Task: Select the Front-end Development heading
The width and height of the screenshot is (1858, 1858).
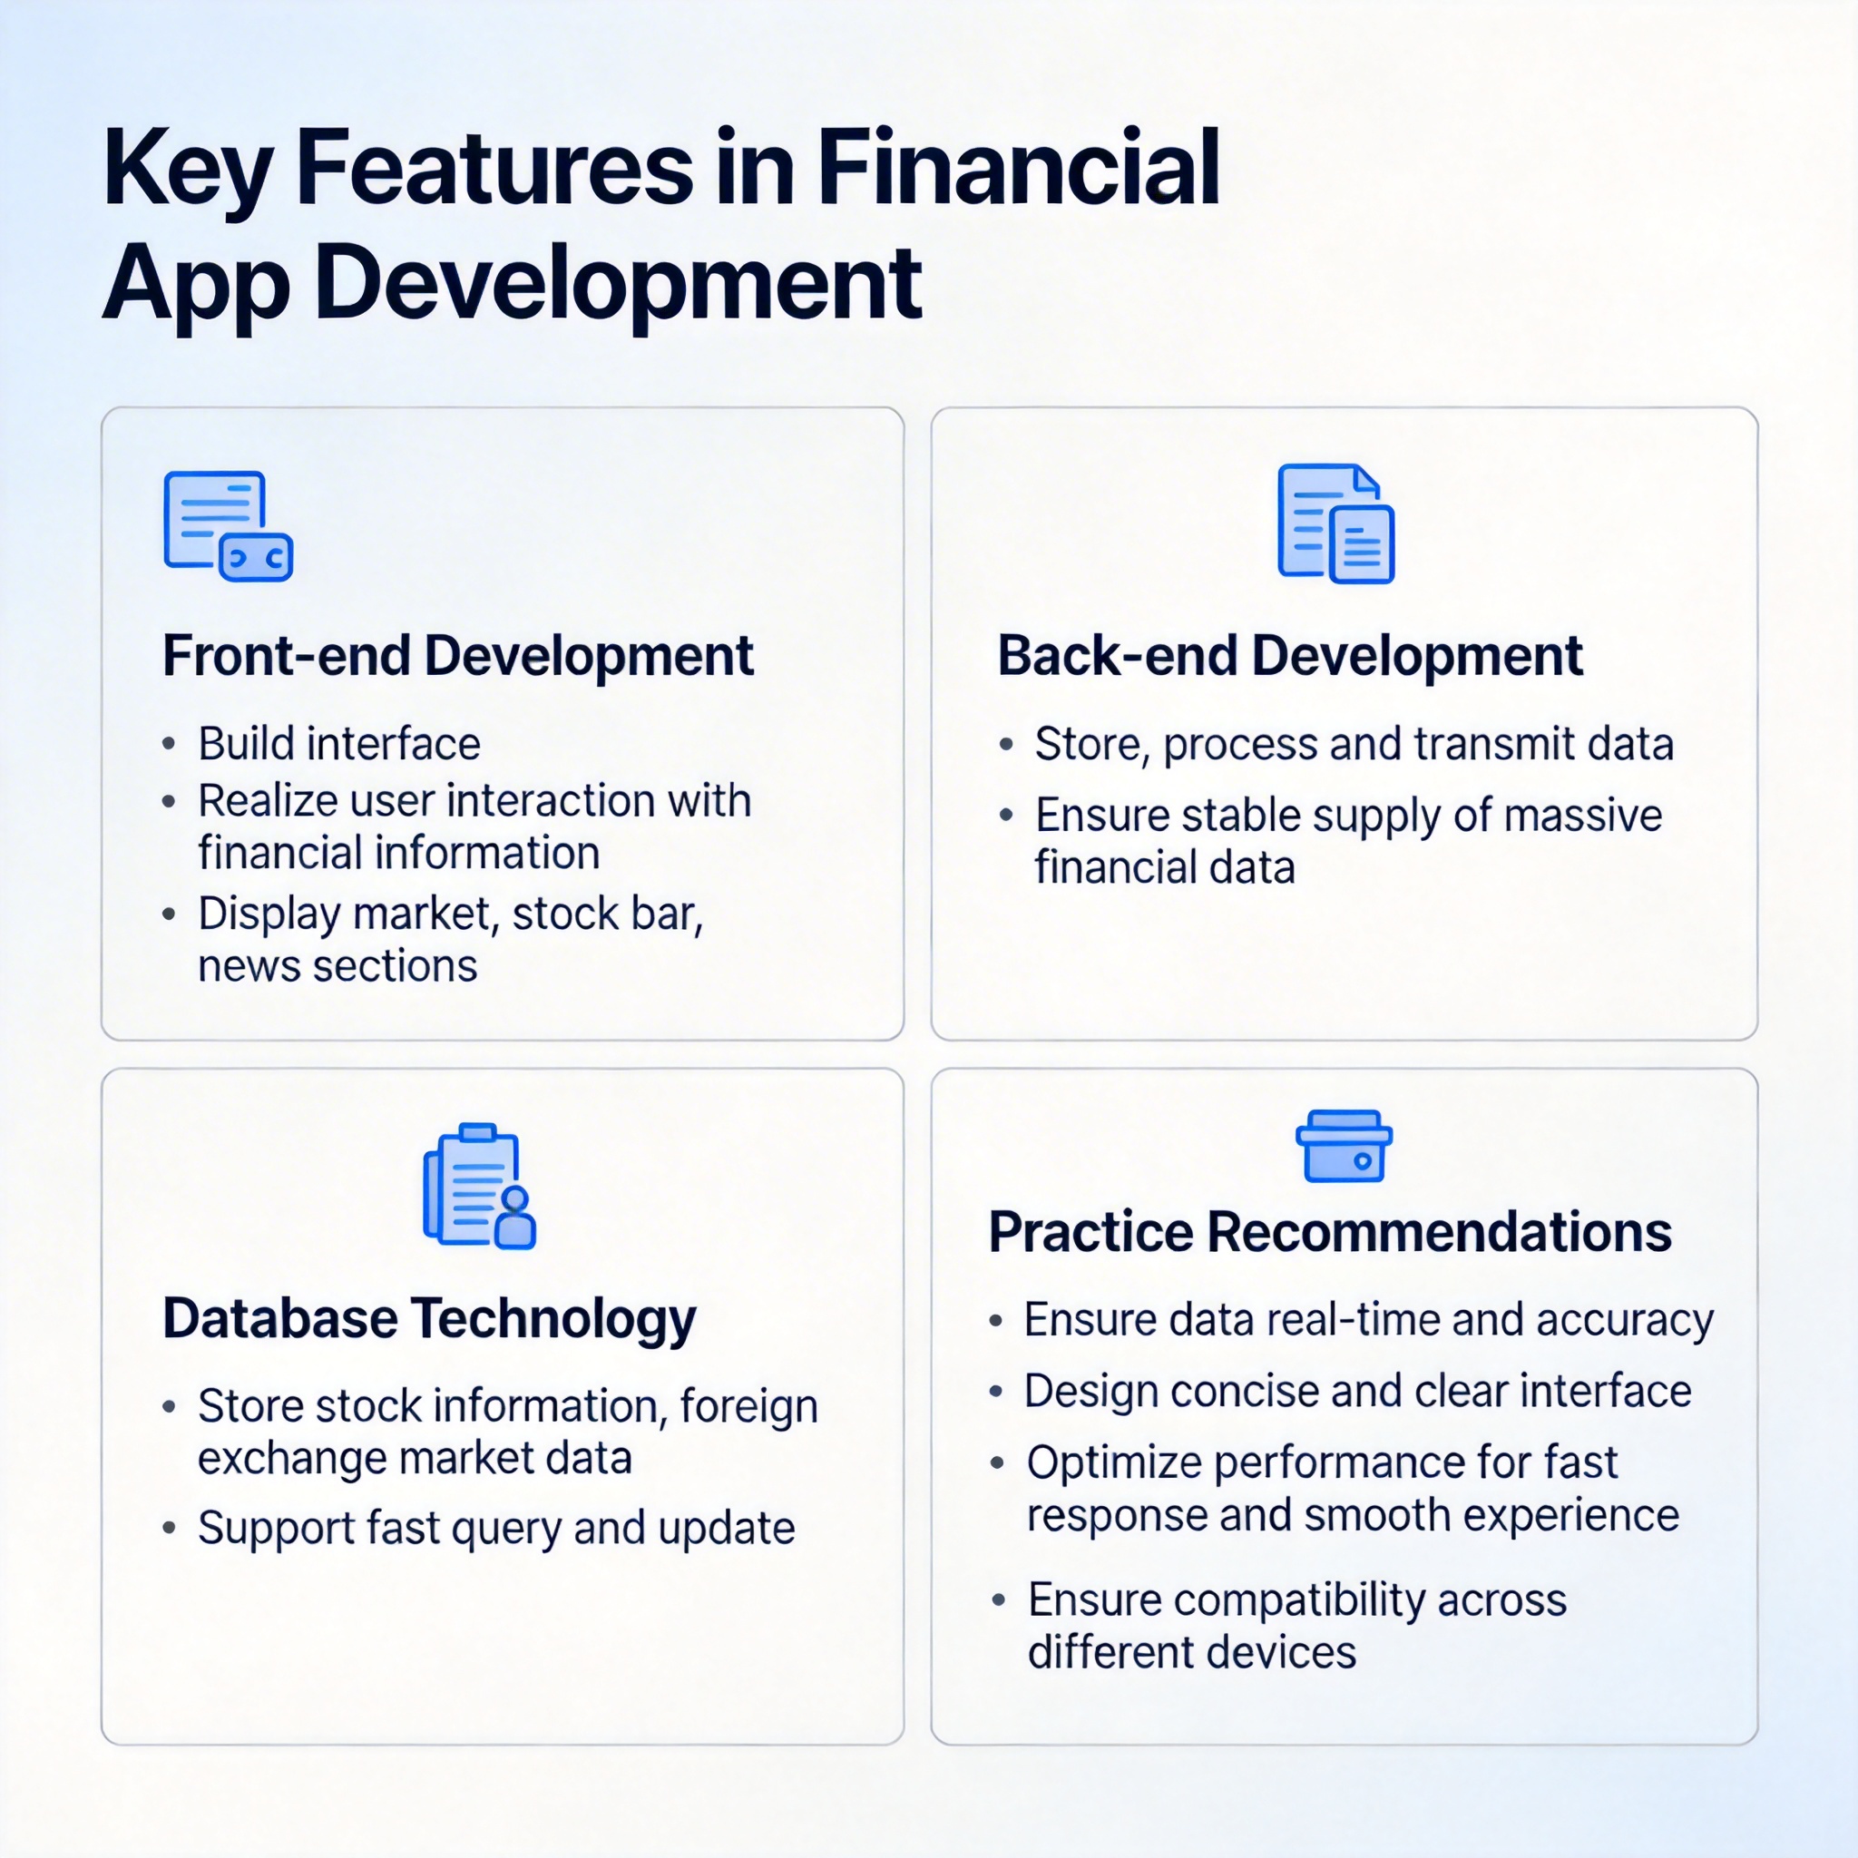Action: tap(458, 656)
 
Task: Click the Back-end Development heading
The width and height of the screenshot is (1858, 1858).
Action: tap(1290, 656)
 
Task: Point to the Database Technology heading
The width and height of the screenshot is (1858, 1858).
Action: tap(429, 1320)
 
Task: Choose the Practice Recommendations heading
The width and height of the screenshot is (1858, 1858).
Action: tap(1330, 1232)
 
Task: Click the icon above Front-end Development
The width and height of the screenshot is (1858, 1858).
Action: tap(228, 526)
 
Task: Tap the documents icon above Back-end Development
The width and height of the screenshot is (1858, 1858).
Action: tap(1335, 524)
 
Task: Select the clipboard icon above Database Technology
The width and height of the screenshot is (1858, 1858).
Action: tap(479, 1186)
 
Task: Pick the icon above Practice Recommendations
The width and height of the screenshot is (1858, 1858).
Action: tap(1344, 1147)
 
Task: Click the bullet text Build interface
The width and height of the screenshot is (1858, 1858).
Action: tap(339, 743)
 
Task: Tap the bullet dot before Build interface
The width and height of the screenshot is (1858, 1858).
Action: tap(170, 744)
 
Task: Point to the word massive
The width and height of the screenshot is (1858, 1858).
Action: tap(1583, 816)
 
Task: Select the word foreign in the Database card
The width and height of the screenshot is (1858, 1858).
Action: tap(749, 1408)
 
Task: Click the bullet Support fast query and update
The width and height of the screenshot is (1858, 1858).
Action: tap(496, 1529)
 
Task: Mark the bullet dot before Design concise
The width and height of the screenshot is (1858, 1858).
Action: tap(996, 1392)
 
